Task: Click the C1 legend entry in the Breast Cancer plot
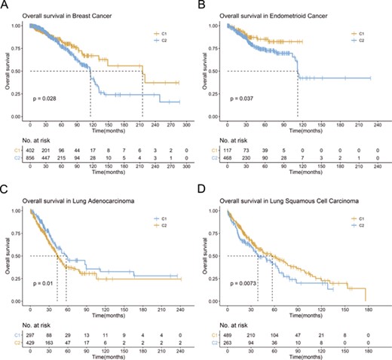point(159,34)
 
